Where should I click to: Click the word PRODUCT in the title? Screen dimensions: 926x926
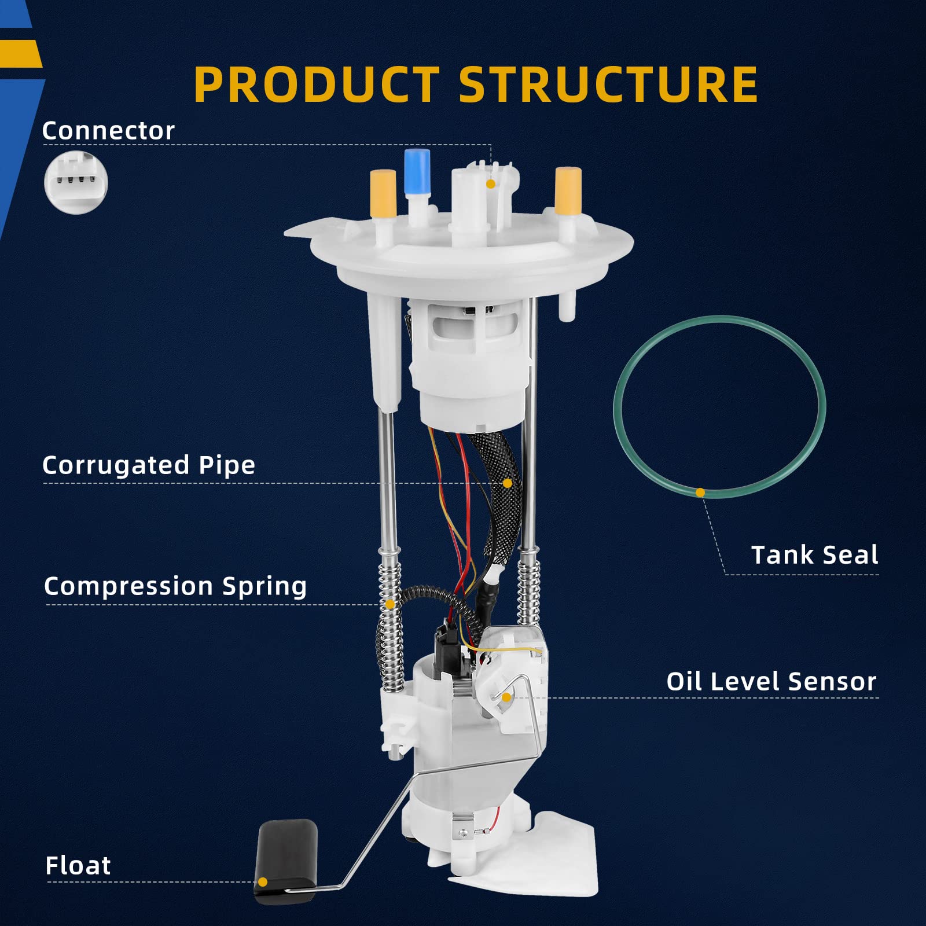317,84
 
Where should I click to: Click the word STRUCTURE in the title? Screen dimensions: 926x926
608,84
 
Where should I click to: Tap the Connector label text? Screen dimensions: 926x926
108,131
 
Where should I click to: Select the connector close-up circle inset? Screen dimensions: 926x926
76,182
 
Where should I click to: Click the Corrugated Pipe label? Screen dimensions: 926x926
149,465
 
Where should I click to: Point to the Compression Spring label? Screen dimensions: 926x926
175,586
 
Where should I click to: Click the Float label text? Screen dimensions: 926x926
78,866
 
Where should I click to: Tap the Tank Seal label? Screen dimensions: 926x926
814,555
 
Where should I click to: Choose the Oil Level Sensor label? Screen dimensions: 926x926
771,682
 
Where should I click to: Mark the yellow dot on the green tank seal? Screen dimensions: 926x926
700,493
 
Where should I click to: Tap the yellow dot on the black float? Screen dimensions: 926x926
263,882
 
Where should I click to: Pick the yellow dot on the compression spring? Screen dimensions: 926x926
390,604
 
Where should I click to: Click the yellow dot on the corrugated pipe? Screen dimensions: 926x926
508,483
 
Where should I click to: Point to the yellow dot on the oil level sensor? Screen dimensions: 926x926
506,697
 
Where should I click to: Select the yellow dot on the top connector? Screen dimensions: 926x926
491,184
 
